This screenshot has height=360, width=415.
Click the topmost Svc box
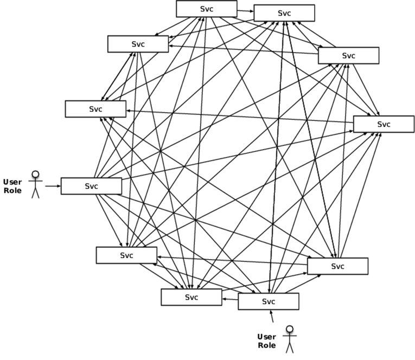click(206, 9)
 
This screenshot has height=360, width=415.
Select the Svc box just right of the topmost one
click(284, 13)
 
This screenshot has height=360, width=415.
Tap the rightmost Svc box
click(384, 124)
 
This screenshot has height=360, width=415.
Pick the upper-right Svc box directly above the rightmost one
click(348, 56)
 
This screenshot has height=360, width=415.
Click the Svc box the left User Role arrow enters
click(91, 186)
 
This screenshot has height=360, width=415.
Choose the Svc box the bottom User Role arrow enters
click(269, 301)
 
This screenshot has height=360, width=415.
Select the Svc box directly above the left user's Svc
click(95, 109)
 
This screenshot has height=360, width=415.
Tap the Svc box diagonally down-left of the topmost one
click(138, 44)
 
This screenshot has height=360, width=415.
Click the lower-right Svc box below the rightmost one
click(337, 266)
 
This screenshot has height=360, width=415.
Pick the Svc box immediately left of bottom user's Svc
click(191, 297)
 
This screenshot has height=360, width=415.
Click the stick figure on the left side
click(36, 184)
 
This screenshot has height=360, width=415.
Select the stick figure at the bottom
click(290, 339)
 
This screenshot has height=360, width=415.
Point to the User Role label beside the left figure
click(12, 186)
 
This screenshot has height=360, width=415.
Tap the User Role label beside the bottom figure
click(266, 340)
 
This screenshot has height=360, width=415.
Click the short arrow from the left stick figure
click(52, 186)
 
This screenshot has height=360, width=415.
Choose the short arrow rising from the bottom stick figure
click(273, 316)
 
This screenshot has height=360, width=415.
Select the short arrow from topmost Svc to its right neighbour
click(245, 10)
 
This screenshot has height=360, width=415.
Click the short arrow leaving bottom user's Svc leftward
click(230, 299)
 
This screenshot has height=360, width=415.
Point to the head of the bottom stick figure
click(290, 329)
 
